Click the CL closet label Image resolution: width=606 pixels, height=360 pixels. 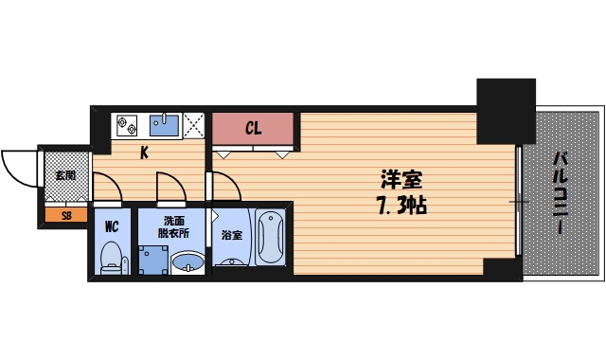[x=254, y=128]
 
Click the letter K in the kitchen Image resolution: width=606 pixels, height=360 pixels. [x=145, y=152]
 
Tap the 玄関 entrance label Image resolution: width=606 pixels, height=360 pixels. [x=65, y=174]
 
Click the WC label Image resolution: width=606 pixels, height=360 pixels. [x=111, y=225]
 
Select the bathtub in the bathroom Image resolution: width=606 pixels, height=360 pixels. [x=270, y=240]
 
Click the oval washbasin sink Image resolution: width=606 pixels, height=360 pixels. [x=187, y=261]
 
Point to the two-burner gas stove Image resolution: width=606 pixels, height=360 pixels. [x=127, y=123]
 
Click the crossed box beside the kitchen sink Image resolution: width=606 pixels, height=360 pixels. [x=194, y=124]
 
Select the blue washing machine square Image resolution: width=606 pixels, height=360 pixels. [x=151, y=259]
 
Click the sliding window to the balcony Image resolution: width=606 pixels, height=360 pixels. [x=518, y=201]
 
